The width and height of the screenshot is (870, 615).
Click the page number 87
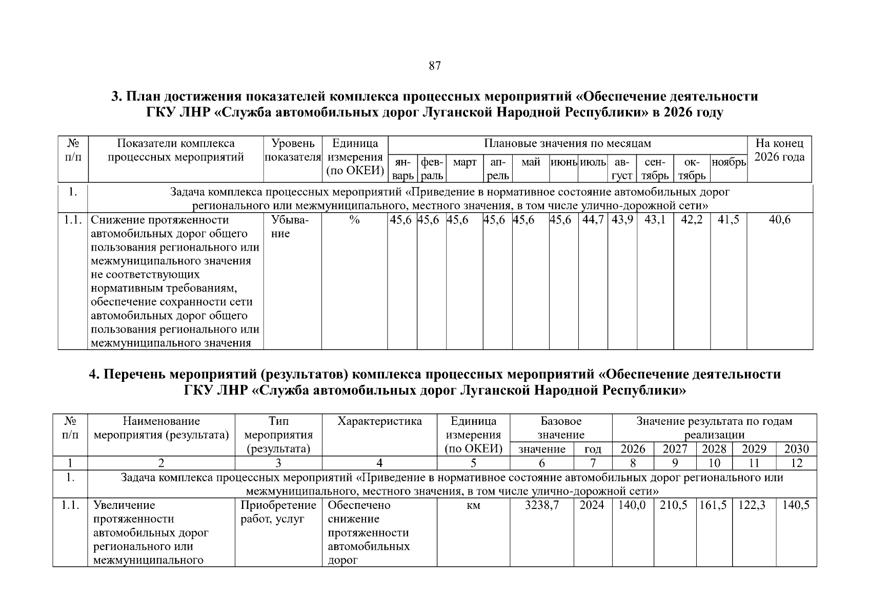[434, 66]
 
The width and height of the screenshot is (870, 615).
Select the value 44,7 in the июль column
[594, 220]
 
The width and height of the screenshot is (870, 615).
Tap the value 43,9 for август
[622, 220]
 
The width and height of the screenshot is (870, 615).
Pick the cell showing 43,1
[655, 220]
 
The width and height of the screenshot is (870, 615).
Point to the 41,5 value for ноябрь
[729, 220]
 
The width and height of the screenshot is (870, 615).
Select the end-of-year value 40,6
[779, 220]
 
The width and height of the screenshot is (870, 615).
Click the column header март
[464, 162]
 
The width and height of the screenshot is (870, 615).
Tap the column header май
[531, 162]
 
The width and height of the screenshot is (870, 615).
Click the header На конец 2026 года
[779, 150]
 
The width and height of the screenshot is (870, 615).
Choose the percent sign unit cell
[354, 220]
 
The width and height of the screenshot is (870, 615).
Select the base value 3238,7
[542, 505]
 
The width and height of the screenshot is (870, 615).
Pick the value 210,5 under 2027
[674, 505]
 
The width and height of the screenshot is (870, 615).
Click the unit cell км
[474, 505]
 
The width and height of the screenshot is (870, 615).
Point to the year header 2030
[796, 449]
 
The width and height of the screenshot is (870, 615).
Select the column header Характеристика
[379, 421]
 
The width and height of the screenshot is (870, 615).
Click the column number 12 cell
[796, 463]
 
